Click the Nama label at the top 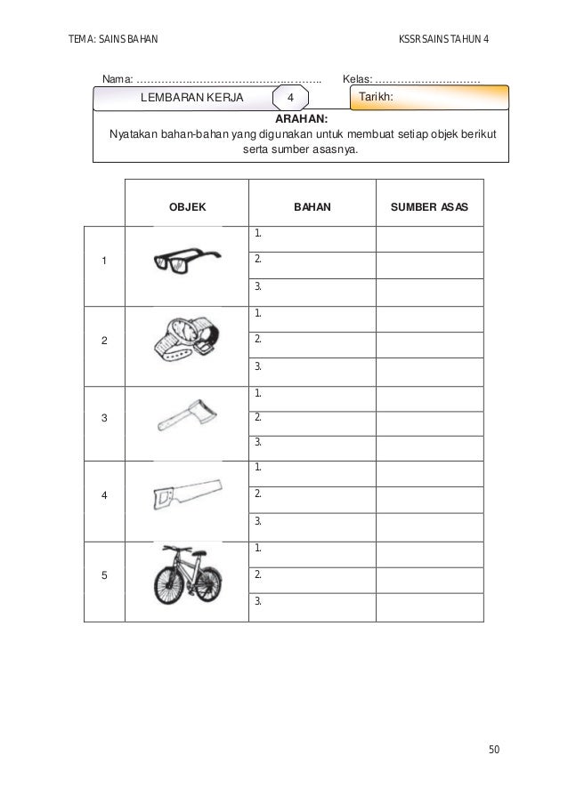tap(117, 81)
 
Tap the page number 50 tap(493, 750)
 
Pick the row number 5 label tap(104, 574)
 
